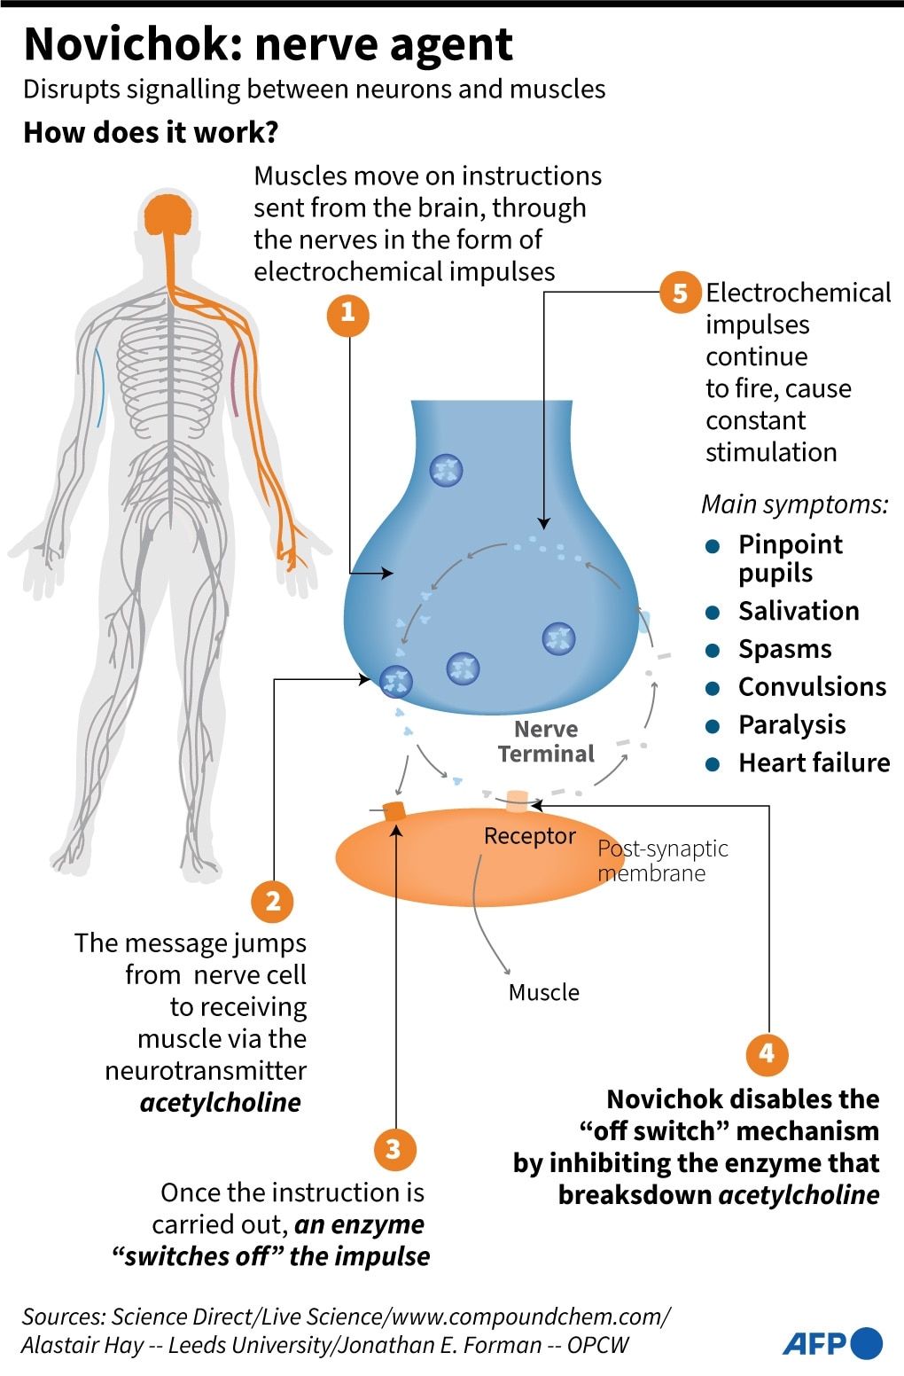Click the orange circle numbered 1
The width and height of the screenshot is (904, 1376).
[347, 313]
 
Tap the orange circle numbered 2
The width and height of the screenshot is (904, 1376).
[273, 901]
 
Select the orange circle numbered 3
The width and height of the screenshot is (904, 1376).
[394, 1149]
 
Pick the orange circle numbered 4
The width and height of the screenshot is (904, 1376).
[768, 1053]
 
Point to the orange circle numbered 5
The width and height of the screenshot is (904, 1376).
[681, 293]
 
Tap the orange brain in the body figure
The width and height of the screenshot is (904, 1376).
[168, 215]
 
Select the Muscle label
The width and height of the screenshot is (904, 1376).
[543, 992]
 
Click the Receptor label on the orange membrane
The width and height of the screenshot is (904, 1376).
[529, 836]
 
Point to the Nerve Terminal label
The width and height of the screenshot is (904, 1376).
[546, 741]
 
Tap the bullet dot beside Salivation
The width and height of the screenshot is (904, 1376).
[712, 612]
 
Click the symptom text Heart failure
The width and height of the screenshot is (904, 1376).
[814, 762]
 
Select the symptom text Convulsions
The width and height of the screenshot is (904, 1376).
[812, 687]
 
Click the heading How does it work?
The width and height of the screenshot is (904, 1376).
[151, 132]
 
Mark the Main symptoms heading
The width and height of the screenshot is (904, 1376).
[794, 504]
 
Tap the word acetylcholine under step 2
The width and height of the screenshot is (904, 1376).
[221, 1102]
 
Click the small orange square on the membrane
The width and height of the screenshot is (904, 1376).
[394, 809]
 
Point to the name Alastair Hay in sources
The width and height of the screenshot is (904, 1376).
[82, 1345]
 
